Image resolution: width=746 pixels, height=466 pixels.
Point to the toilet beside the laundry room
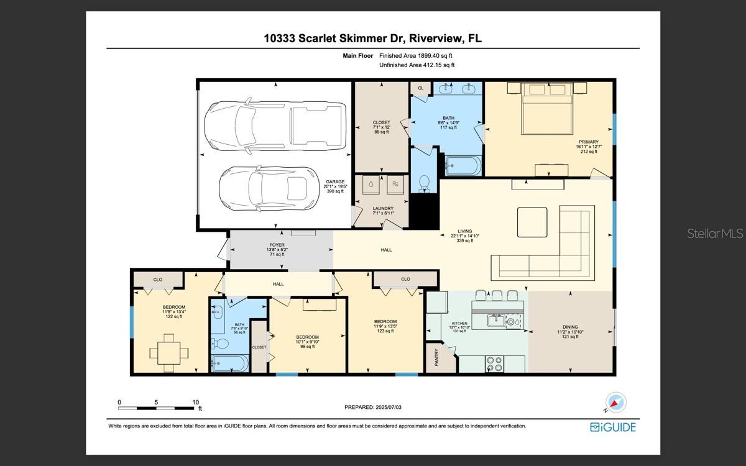tap(425, 182)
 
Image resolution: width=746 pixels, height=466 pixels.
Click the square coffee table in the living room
tap(532, 222)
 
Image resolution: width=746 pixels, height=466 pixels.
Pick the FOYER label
tap(277, 245)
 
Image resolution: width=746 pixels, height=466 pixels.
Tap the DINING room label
tap(570, 327)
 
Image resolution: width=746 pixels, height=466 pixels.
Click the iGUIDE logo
tap(613, 427)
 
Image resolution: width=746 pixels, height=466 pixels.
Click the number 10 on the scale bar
tap(195, 402)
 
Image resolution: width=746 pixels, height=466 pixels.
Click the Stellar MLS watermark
tap(715, 234)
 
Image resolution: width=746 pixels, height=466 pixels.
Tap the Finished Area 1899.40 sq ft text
tap(417, 56)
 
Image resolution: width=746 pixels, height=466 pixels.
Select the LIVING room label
tap(465, 231)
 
